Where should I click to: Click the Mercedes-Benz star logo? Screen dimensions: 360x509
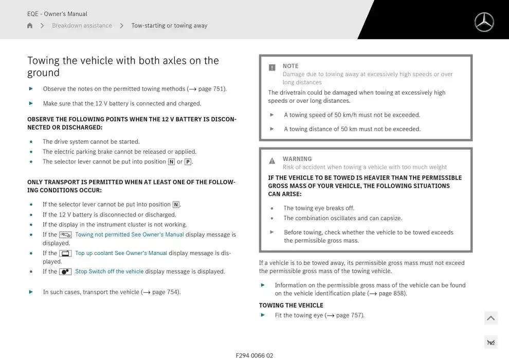484,22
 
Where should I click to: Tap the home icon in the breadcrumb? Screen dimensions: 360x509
30,26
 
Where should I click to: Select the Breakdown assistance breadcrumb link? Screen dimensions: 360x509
82,26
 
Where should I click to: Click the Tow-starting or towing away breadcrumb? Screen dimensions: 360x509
169,26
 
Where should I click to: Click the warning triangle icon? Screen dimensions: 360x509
272,161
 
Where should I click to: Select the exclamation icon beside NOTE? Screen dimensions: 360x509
272,67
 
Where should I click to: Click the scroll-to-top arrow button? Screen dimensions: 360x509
491,318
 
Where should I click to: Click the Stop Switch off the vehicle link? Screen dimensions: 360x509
109,272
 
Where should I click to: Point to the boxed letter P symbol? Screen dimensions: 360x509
188,162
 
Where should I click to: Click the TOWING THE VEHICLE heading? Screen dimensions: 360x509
291,305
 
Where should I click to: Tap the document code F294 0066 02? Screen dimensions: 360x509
254,355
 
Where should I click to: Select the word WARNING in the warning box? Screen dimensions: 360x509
297,159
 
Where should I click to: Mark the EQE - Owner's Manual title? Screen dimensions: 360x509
57,14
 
